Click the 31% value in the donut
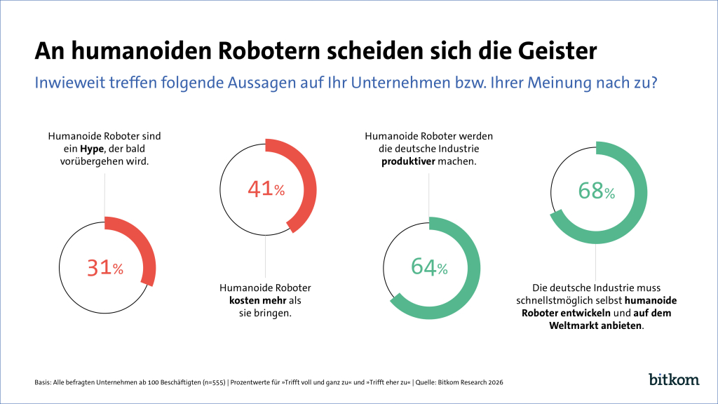pyautogui.click(x=105, y=268)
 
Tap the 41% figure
pyautogui.click(x=266, y=189)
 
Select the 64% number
pyautogui.click(x=429, y=267)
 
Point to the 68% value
pyautogui.click(x=596, y=191)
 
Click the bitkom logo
pyautogui.click(x=674, y=379)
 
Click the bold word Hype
pyautogui.click(x=92, y=149)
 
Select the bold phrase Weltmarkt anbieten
pyautogui.click(x=595, y=325)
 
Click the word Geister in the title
pyautogui.click(x=557, y=50)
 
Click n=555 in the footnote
pyautogui.click(x=214, y=382)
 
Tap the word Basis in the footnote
pyautogui.click(x=43, y=382)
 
